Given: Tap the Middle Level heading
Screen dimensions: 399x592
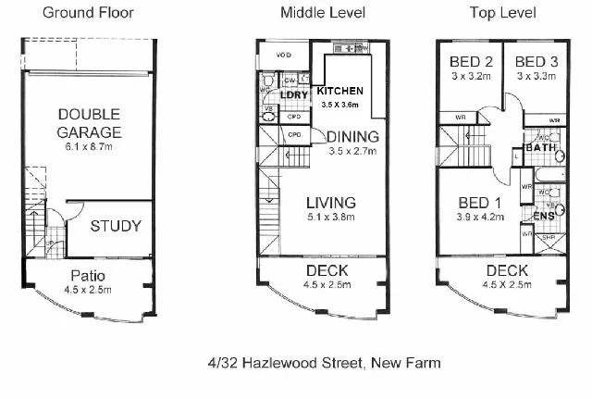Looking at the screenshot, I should [x=323, y=12].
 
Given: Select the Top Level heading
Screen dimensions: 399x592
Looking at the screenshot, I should [x=502, y=12].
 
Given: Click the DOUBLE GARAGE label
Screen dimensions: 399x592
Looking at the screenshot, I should [x=90, y=123].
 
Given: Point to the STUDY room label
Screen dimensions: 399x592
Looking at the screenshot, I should [x=116, y=226].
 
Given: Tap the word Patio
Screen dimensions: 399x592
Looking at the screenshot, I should [x=90, y=275].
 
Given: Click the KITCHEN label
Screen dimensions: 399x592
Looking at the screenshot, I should [x=339, y=92].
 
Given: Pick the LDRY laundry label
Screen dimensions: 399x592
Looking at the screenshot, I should [x=293, y=95].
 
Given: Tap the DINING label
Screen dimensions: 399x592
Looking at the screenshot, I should [x=352, y=137].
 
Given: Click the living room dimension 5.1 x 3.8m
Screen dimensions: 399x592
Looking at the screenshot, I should [x=330, y=218].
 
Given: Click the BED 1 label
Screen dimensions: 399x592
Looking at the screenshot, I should [x=479, y=204].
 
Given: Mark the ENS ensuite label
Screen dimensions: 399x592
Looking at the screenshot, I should [x=544, y=216].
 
